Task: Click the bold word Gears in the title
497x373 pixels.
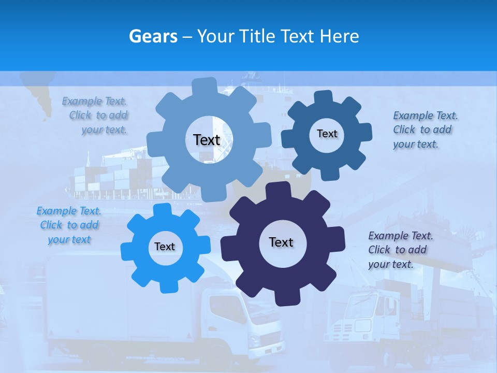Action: [153, 36]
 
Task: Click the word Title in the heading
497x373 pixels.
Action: [257, 36]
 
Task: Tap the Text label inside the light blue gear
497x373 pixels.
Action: [207, 140]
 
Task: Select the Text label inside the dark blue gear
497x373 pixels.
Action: [327, 134]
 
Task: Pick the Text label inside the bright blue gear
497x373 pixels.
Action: [165, 247]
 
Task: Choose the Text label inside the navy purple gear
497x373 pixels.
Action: [281, 242]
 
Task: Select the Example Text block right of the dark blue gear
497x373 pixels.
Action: [425, 130]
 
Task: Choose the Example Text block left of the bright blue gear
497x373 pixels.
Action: [69, 225]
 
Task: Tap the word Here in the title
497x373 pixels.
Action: [340, 36]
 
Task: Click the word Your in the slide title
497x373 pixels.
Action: [216, 36]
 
